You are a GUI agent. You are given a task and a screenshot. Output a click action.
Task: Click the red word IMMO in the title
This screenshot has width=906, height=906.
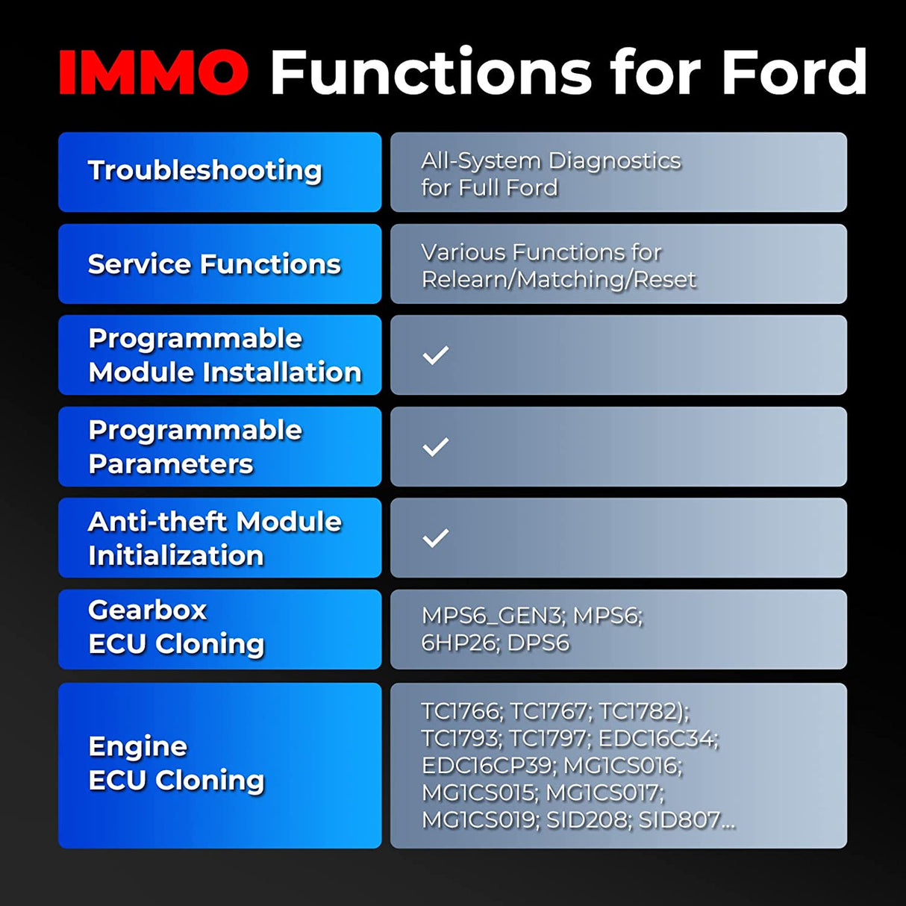coord(153,72)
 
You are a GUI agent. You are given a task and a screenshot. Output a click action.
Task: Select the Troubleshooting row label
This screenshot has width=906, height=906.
coord(204,170)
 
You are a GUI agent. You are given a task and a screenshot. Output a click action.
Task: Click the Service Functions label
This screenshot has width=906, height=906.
coord(214,263)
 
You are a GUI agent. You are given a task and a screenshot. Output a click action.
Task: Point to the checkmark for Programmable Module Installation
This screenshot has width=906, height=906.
coord(436,355)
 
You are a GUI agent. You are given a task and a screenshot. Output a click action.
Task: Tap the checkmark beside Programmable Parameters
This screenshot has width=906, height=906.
coord(436,447)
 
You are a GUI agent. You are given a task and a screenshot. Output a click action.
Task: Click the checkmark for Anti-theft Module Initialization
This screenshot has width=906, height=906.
coord(436,538)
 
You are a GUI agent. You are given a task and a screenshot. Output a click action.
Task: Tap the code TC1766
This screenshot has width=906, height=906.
coord(461,711)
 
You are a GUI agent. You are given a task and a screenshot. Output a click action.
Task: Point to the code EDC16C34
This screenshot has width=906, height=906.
coord(658,738)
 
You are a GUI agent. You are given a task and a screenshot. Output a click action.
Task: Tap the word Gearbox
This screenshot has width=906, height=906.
coord(147,610)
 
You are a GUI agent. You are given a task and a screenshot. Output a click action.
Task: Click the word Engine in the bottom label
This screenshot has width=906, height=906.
coord(137,746)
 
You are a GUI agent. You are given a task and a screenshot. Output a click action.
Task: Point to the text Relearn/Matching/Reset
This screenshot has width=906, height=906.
coord(558,279)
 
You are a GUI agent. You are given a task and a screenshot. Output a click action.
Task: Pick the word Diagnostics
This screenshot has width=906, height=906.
coord(614,160)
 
